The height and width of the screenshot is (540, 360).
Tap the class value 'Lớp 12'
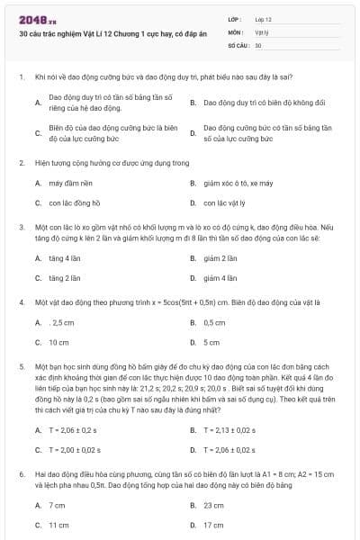pyautogui.click(x=264, y=19)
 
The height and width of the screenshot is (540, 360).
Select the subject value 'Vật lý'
pyautogui.click(x=262, y=31)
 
